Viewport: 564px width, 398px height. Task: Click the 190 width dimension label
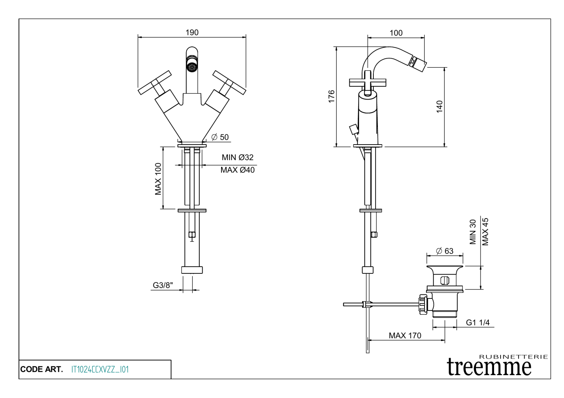click(192, 33)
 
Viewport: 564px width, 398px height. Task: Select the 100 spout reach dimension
click(396, 33)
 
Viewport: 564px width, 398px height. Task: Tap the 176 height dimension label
click(331, 96)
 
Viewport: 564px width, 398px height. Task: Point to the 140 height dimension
click(440, 106)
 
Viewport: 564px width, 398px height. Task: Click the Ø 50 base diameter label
click(220, 137)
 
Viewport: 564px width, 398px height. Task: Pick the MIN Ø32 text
click(237, 157)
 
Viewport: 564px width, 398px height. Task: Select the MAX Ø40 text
click(237, 170)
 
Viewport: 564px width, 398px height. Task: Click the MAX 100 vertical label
click(158, 179)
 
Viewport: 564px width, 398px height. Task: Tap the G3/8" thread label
click(163, 285)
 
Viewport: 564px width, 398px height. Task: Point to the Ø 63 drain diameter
click(445, 251)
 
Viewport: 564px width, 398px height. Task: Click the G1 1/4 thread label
click(478, 323)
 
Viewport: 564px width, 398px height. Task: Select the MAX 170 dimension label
click(405, 335)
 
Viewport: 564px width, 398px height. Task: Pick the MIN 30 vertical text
click(473, 232)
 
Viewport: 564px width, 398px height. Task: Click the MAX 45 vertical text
click(485, 232)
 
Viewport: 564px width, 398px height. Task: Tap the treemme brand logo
click(489, 367)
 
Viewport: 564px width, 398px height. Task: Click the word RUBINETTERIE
click(513, 357)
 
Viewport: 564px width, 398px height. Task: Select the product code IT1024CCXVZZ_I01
click(100, 369)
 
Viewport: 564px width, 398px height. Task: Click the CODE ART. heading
click(41, 369)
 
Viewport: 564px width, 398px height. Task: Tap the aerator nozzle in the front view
click(192, 67)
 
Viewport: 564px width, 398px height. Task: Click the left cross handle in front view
click(155, 83)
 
